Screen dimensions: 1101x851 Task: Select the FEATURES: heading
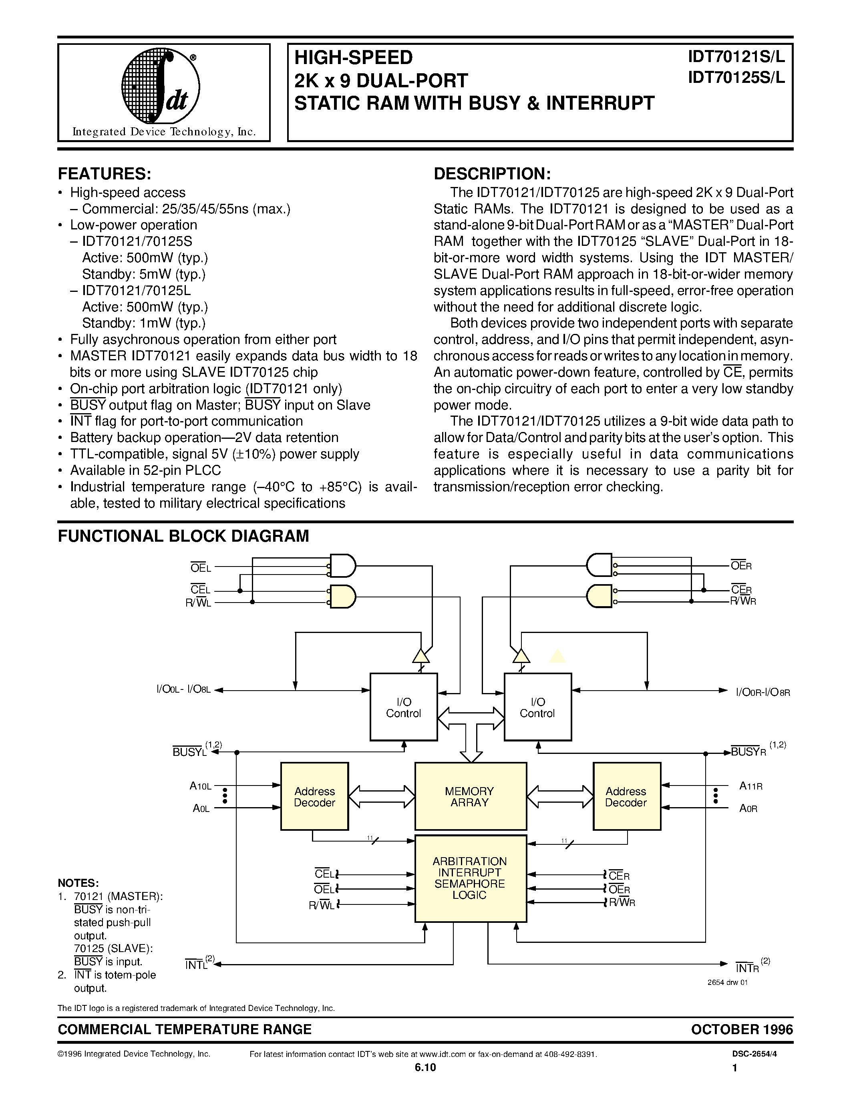[x=105, y=174]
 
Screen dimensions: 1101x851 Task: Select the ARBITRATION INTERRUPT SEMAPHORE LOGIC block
[x=471, y=878]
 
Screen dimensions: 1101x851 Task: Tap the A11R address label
[x=750, y=786]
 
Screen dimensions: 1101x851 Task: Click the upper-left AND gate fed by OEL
[x=343, y=566]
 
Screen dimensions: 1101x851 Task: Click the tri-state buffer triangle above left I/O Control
[x=421, y=656]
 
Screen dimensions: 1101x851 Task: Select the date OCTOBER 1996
[x=742, y=1029]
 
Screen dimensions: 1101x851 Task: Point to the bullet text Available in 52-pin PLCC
[x=145, y=470]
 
